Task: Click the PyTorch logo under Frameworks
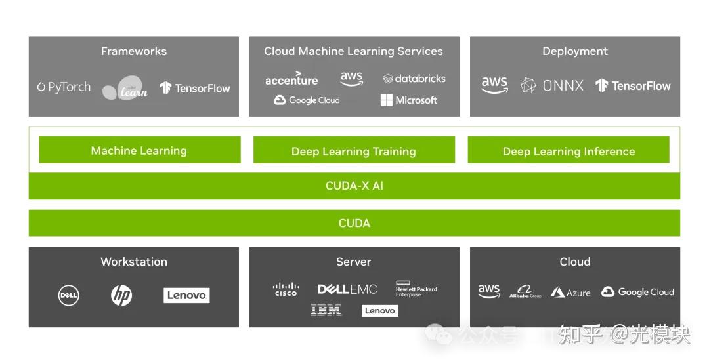[x=64, y=87]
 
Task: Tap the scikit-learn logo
[x=125, y=89]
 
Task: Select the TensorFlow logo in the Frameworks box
[x=195, y=88]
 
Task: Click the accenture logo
[x=291, y=79]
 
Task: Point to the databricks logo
[x=414, y=79]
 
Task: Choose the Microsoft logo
[x=408, y=100]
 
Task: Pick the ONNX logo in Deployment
[x=552, y=85]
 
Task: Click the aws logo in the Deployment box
[x=494, y=85]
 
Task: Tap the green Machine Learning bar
[x=139, y=151]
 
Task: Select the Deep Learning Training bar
[x=354, y=152]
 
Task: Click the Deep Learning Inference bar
[x=569, y=152]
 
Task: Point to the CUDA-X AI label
[x=354, y=186]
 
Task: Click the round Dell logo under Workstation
[x=69, y=296]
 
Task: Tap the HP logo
[x=121, y=296]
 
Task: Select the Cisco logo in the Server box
[x=286, y=289]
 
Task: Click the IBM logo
[x=326, y=310]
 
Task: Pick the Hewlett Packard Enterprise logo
[x=416, y=289]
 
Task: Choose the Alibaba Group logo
[x=525, y=292]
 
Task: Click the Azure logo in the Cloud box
[x=570, y=293]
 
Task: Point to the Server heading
[x=354, y=262]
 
